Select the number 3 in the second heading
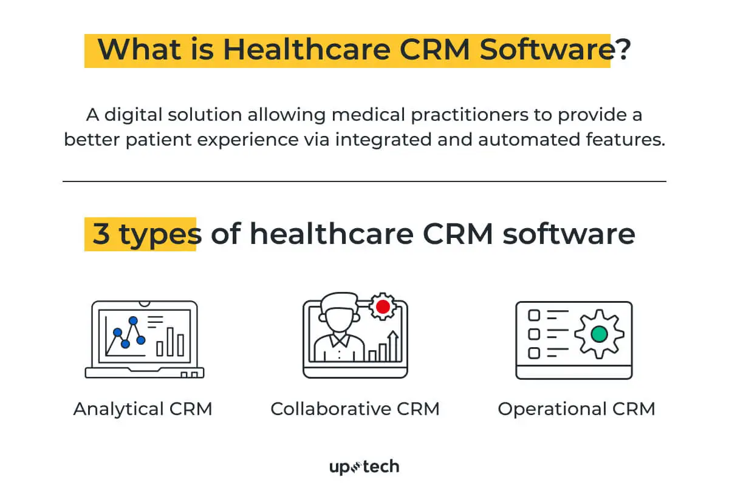click(x=101, y=234)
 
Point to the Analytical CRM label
click(x=143, y=408)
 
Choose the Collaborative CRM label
click(x=355, y=408)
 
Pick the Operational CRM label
click(x=577, y=408)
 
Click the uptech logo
click(x=364, y=467)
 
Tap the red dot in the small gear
click(x=383, y=306)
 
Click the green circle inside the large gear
click(x=599, y=334)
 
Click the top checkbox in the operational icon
click(x=534, y=315)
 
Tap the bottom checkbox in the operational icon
click(x=534, y=353)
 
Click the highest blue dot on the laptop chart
click(x=134, y=320)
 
